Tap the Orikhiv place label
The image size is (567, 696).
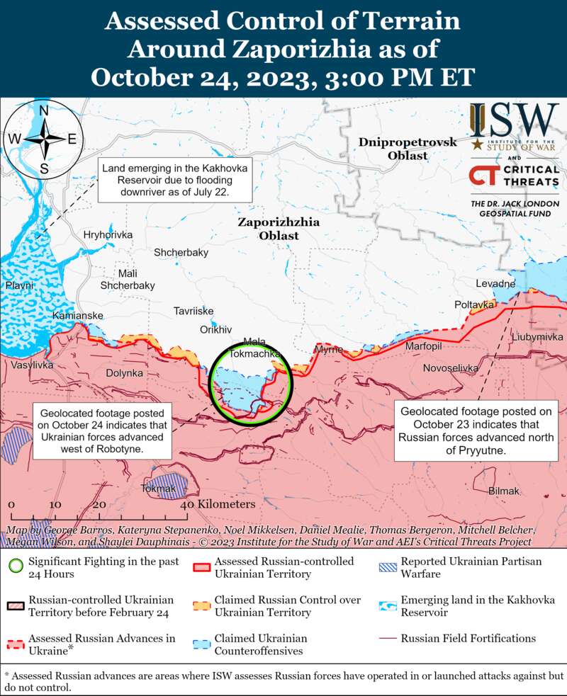[216, 330]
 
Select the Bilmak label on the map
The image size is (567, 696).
[504, 491]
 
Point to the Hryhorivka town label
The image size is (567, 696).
[108, 235]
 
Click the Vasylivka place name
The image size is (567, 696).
[31, 365]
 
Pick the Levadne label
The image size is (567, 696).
[495, 284]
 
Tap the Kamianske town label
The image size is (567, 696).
[78, 315]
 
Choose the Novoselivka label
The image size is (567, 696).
[450, 368]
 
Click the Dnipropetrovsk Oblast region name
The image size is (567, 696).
[408, 149]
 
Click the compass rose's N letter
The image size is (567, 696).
[43, 110]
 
